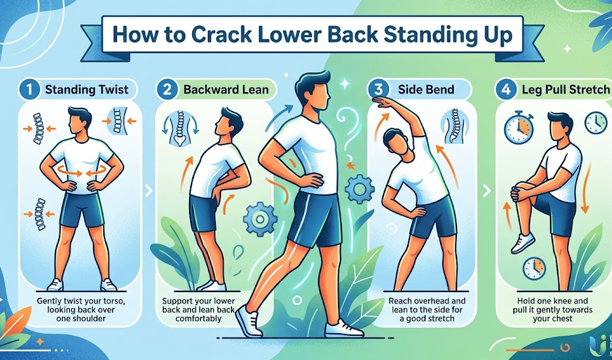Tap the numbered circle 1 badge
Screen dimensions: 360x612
point(29,89)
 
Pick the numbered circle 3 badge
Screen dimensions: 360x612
point(378,89)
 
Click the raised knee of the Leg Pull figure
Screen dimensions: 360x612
point(521,192)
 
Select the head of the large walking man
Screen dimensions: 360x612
point(309,91)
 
